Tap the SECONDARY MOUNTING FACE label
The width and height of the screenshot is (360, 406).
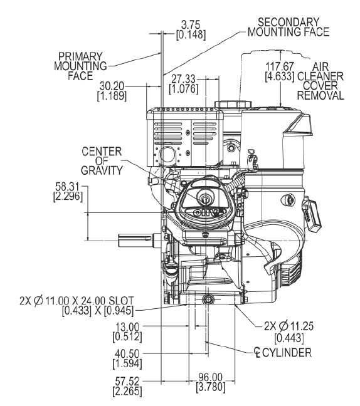click(x=288, y=26)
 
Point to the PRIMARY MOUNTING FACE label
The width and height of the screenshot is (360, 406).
click(x=82, y=65)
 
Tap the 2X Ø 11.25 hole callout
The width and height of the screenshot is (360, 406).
click(x=285, y=330)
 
